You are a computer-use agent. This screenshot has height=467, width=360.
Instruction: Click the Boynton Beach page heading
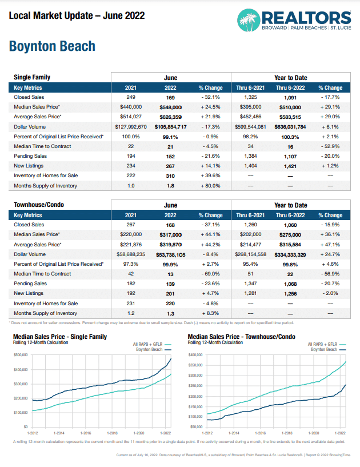tap(52, 46)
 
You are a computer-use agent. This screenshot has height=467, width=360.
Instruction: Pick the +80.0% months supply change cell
tap(210, 185)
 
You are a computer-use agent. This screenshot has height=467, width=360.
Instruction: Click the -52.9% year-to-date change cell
tap(330, 146)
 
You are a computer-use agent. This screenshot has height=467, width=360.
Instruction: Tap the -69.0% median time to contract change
tap(210, 274)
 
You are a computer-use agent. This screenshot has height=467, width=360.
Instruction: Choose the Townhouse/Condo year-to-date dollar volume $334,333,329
tap(290, 254)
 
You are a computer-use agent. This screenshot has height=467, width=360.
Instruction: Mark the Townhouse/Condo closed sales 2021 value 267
tap(131, 225)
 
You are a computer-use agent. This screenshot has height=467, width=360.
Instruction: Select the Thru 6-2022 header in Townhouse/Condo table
tap(290, 215)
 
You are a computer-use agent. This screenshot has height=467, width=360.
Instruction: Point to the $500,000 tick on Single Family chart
tap(21, 355)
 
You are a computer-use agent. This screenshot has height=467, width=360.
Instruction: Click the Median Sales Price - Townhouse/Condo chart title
tap(242, 337)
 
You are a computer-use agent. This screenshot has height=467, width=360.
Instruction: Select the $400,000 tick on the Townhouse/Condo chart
tap(197, 355)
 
